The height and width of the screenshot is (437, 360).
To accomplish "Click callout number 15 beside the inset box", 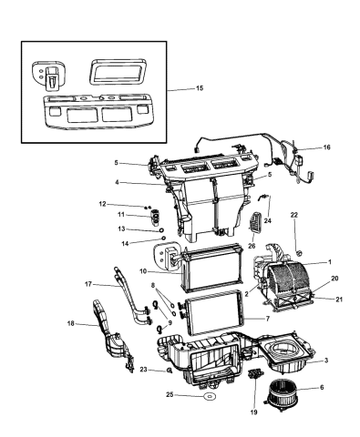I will click(x=199, y=89).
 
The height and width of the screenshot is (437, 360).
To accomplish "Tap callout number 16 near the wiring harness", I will click(x=327, y=147).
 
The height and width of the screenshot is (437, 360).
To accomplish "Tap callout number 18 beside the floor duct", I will click(x=70, y=323).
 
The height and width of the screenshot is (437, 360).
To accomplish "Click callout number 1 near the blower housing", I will click(x=330, y=261).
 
